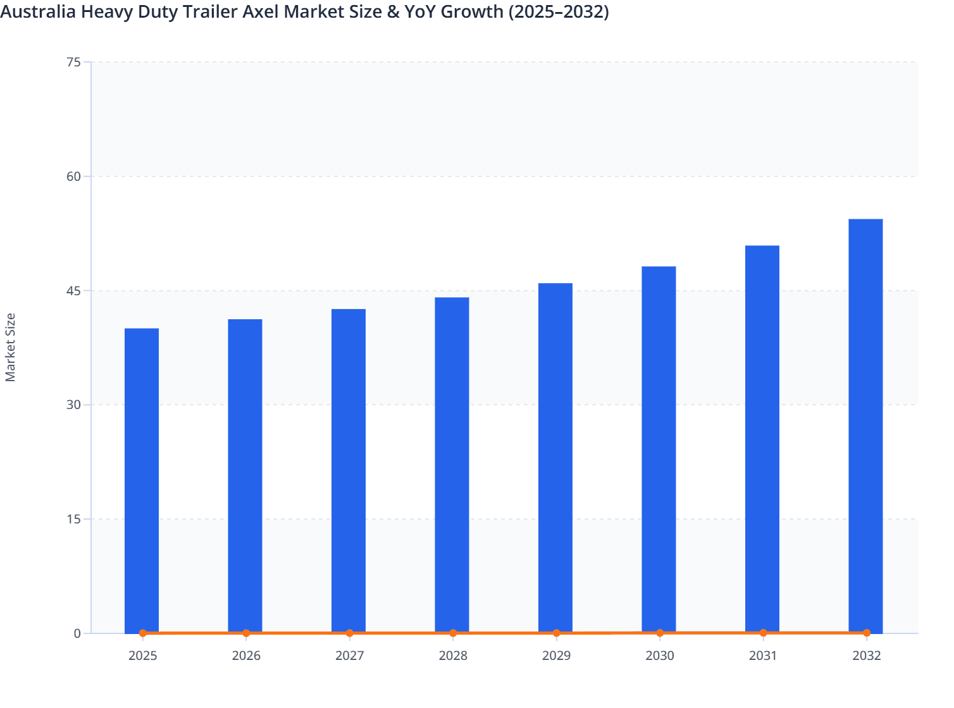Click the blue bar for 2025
(142, 480)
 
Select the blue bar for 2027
(349, 471)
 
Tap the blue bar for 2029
(555, 458)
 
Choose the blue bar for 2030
(659, 449)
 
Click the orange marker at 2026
(246, 633)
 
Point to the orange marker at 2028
(453, 633)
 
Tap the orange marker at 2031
(763, 633)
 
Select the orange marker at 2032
(866, 633)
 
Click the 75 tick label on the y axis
(73, 62)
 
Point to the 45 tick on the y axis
(73, 291)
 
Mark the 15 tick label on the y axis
(73, 519)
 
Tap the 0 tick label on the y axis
(77, 633)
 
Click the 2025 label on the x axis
(143, 656)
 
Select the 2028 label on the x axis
(453, 656)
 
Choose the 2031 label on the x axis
(763, 656)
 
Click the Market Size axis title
(11, 347)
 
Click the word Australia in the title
(38, 11)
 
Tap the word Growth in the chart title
(473, 11)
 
